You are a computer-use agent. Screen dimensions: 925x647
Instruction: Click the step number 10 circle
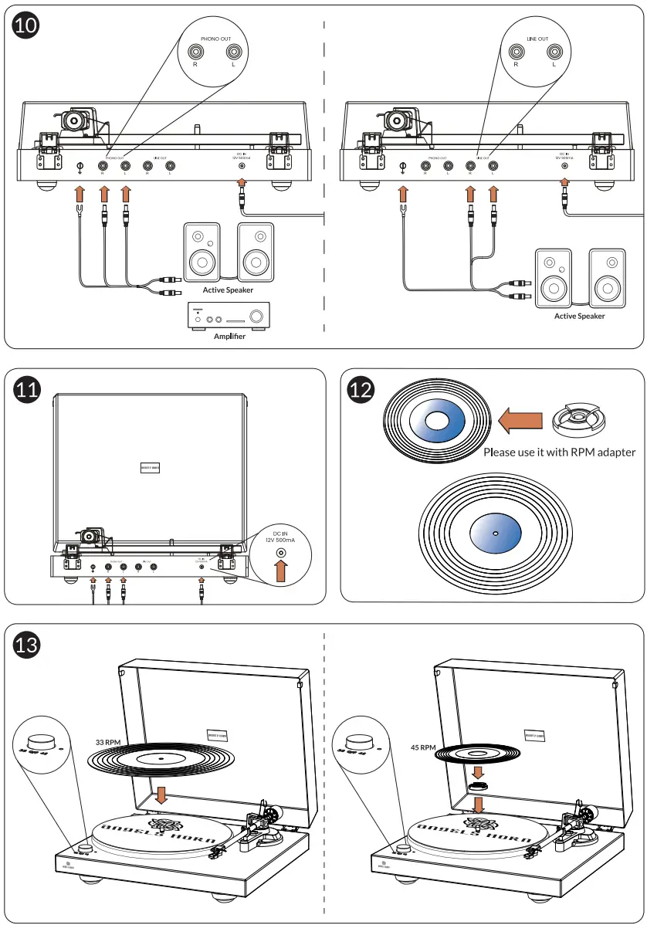tap(26, 25)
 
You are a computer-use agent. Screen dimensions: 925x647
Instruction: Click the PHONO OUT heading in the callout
tap(216, 37)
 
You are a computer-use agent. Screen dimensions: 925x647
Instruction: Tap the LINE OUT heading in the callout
tap(537, 37)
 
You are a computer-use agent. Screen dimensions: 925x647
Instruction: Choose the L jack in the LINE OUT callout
tap(554, 53)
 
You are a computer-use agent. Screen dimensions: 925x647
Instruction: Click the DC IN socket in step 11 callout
tap(281, 553)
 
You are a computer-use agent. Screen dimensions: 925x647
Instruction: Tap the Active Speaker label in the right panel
tap(579, 316)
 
